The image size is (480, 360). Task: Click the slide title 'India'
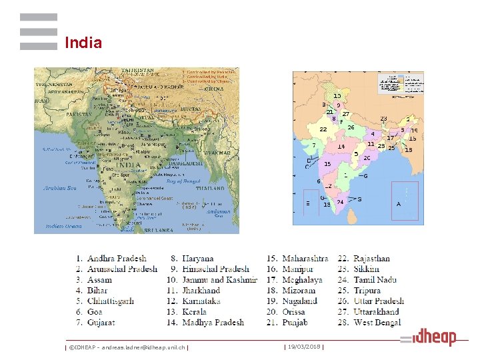pos(83,43)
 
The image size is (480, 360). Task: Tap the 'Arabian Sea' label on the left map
pos(60,188)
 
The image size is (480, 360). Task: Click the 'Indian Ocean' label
pos(63,227)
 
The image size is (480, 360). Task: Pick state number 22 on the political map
pos(323,129)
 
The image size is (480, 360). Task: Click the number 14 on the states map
pos(341,147)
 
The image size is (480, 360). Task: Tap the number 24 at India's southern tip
pos(341,201)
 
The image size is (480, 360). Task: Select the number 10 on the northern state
pos(337,96)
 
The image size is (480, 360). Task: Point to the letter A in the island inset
pos(399,204)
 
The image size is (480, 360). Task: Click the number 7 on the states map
pos(314,145)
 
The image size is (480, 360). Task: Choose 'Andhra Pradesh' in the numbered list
pos(116,259)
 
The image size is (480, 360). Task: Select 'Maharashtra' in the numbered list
pos(305,259)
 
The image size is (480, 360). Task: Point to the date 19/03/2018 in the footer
pos(304,347)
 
